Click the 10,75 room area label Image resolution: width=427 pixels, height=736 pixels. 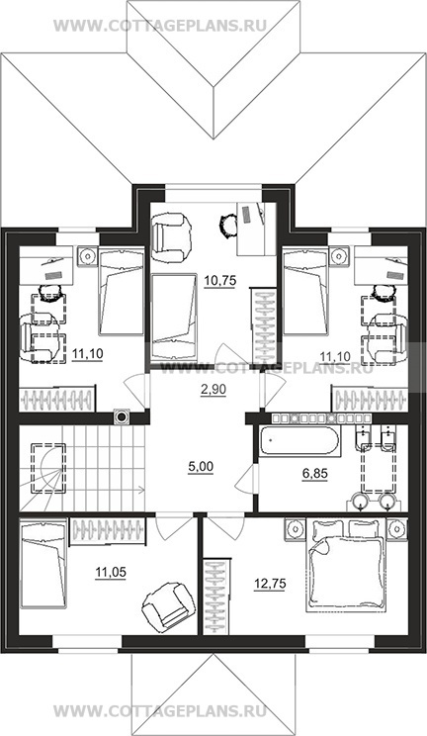219,281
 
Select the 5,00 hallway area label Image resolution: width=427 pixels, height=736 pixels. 201,467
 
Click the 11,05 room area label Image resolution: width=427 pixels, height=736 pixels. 111,572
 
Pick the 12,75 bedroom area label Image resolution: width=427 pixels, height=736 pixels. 269,584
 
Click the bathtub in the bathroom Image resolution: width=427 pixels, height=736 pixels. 298,441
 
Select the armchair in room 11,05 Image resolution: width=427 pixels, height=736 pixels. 169,603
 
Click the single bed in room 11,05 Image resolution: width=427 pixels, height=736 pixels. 43,565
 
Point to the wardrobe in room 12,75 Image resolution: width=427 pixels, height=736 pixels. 217,596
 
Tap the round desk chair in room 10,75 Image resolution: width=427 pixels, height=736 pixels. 229,225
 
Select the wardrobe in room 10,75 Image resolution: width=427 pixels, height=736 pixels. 265,325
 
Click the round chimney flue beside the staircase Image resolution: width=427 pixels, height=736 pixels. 122,416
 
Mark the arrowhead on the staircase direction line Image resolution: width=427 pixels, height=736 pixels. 141,491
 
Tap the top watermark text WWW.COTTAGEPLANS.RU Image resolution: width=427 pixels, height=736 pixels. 159,26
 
